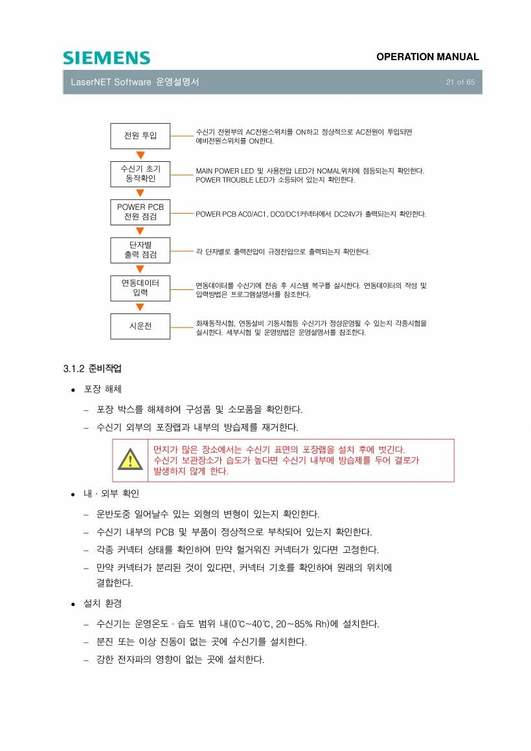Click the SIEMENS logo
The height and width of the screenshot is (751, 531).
click(106, 58)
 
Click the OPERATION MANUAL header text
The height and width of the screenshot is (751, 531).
click(427, 57)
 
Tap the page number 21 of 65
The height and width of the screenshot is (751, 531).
click(460, 82)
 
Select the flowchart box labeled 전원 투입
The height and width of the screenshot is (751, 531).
click(141, 135)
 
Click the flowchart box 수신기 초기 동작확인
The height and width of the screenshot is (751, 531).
click(141, 174)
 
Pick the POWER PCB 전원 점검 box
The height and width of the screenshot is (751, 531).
click(141, 212)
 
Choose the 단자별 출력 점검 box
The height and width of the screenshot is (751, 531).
click(141, 250)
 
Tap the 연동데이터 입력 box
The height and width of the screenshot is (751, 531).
click(141, 288)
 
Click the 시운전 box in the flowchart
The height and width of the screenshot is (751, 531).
click(141, 326)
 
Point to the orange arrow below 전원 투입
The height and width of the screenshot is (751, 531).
click(141, 155)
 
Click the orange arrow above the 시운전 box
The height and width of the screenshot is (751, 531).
click(141, 307)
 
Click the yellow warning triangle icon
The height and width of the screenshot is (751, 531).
click(130, 459)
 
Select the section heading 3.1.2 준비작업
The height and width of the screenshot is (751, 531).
click(93, 368)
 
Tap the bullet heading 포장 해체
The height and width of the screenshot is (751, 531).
click(102, 389)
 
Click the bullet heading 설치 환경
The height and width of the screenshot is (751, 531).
click(102, 603)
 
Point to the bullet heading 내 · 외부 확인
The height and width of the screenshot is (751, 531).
click(111, 494)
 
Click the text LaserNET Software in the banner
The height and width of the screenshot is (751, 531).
click(111, 82)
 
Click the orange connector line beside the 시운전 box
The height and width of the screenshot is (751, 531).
click(182, 327)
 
